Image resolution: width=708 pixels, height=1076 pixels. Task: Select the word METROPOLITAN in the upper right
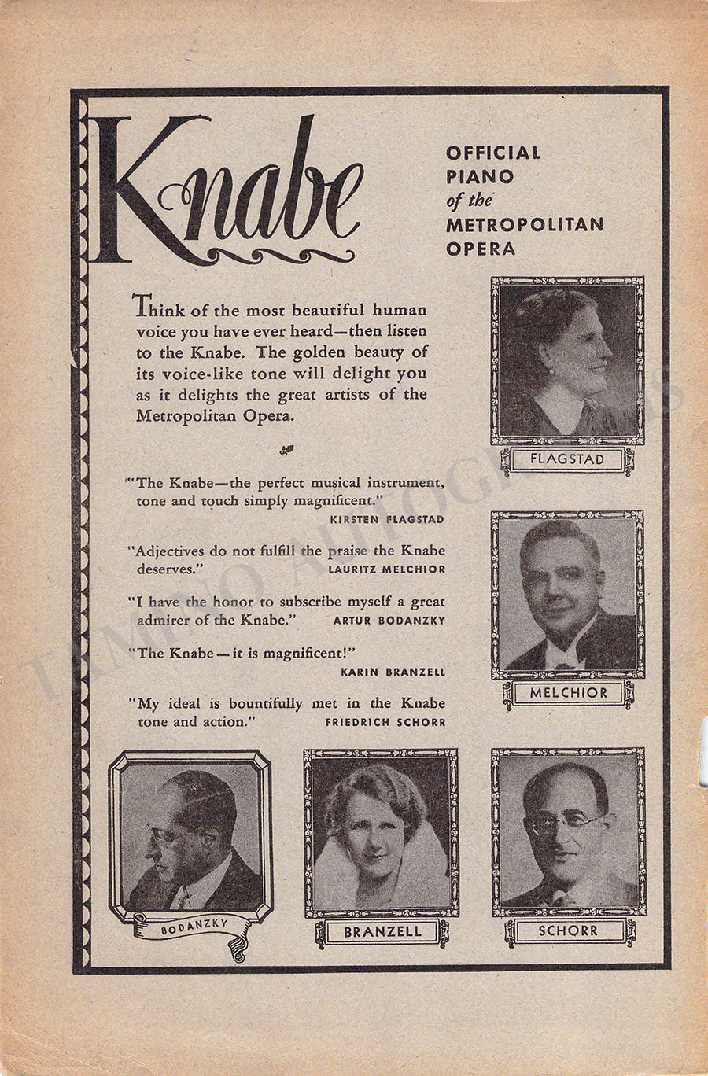pyautogui.click(x=525, y=224)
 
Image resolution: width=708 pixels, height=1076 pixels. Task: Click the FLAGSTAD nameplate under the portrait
pyautogui.click(x=561, y=459)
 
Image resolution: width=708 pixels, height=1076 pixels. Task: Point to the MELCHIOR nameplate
pyautogui.click(x=568, y=693)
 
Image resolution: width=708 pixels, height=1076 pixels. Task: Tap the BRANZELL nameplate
pyautogui.click(x=382, y=932)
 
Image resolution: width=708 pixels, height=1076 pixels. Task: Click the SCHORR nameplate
pyautogui.click(x=567, y=930)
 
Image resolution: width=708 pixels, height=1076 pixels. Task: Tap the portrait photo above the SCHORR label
pyautogui.click(x=567, y=834)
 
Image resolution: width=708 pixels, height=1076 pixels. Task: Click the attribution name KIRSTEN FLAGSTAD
pyautogui.click(x=387, y=519)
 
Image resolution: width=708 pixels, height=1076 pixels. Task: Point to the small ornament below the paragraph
pyautogui.click(x=284, y=451)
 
